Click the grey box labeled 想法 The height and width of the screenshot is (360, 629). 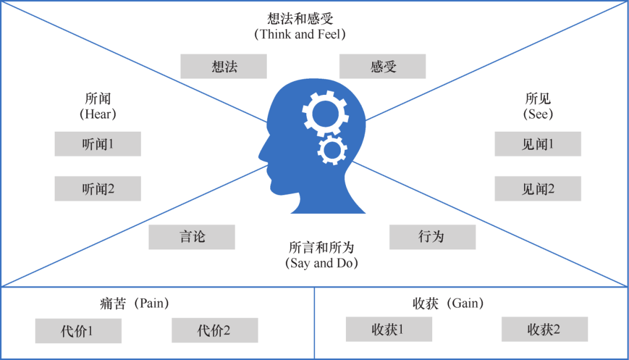click(x=224, y=66)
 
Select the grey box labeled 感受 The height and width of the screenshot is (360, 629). click(x=383, y=66)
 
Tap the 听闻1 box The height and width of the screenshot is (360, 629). click(x=98, y=144)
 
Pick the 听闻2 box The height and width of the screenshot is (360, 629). click(x=98, y=189)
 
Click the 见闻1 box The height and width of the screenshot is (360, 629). click(x=538, y=144)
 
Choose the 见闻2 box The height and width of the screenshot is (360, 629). click(x=538, y=189)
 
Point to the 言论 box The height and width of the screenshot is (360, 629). click(x=192, y=237)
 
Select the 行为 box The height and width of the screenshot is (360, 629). click(x=432, y=237)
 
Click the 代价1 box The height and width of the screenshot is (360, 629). click(x=78, y=331)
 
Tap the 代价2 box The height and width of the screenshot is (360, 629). click(x=214, y=330)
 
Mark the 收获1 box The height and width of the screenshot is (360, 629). click(x=388, y=329)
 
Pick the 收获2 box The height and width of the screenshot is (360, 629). click(x=545, y=329)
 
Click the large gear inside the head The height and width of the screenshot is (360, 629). click(x=326, y=114)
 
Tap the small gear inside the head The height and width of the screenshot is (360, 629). click(x=333, y=150)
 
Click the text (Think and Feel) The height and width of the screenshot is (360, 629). click(x=300, y=34)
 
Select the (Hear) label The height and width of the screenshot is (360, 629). click(x=98, y=114)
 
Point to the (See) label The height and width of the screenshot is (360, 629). click(x=538, y=114)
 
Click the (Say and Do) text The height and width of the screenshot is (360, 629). click(x=321, y=263)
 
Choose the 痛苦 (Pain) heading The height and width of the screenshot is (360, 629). click(x=134, y=303)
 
